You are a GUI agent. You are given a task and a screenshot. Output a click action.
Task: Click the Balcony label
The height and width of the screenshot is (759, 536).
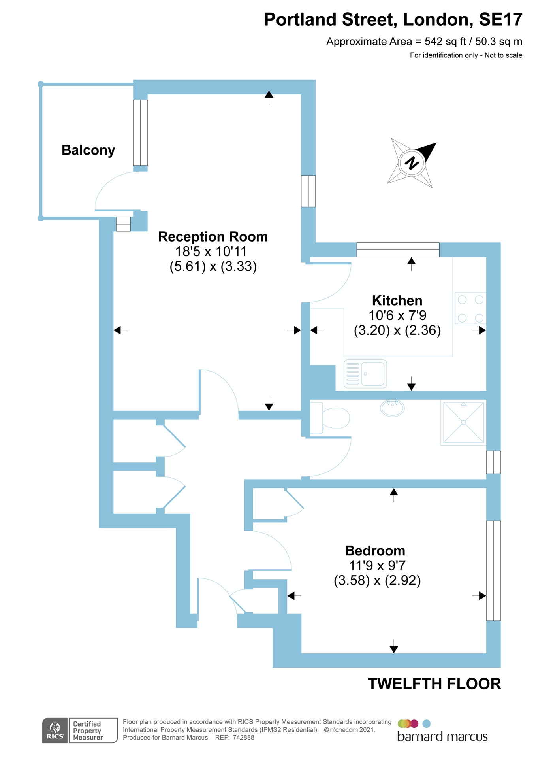tap(88, 150)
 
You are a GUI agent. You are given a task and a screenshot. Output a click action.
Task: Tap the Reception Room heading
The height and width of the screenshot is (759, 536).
tap(213, 237)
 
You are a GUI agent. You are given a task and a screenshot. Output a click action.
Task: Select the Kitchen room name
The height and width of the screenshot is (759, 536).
tap(397, 300)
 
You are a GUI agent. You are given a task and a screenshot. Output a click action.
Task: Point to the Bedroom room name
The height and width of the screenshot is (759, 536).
tap(375, 551)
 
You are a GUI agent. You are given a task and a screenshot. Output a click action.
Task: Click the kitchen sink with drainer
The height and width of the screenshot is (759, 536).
tap(365, 374)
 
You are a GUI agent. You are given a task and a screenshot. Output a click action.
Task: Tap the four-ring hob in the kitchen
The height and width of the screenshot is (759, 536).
tap(470, 308)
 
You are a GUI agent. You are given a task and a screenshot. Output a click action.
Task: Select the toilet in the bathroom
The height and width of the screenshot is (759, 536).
tap(330, 418)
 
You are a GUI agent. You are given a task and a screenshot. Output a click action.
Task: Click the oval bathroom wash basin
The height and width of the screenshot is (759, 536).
tap(392, 408)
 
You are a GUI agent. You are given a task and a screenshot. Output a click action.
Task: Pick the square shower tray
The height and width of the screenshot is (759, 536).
tap(463, 422)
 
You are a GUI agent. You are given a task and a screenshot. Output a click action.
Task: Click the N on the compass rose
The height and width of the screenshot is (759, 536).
tap(412, 162)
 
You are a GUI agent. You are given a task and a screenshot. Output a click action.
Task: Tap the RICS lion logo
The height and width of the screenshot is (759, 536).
tap(55, 730)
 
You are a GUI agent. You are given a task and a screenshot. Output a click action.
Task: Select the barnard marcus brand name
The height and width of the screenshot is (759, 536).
tap(442, 737)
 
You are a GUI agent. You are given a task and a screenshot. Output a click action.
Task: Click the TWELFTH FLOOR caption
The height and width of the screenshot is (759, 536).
tap(434, 684)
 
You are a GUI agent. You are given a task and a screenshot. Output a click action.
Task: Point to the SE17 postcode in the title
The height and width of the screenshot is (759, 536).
tap(500, 20)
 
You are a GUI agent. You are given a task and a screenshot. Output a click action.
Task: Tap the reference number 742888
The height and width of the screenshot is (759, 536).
tap(243, 738)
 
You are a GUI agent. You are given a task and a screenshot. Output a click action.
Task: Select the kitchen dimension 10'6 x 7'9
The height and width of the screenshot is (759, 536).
tap(397, 315)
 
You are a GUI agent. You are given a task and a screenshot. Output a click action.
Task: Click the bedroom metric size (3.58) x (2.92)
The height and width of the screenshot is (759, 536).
tap(377, 581)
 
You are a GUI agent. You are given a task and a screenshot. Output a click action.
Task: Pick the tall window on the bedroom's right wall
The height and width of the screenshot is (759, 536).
tap(493, 570)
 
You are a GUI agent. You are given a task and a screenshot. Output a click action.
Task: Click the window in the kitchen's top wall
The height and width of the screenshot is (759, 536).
tap(398, 249)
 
